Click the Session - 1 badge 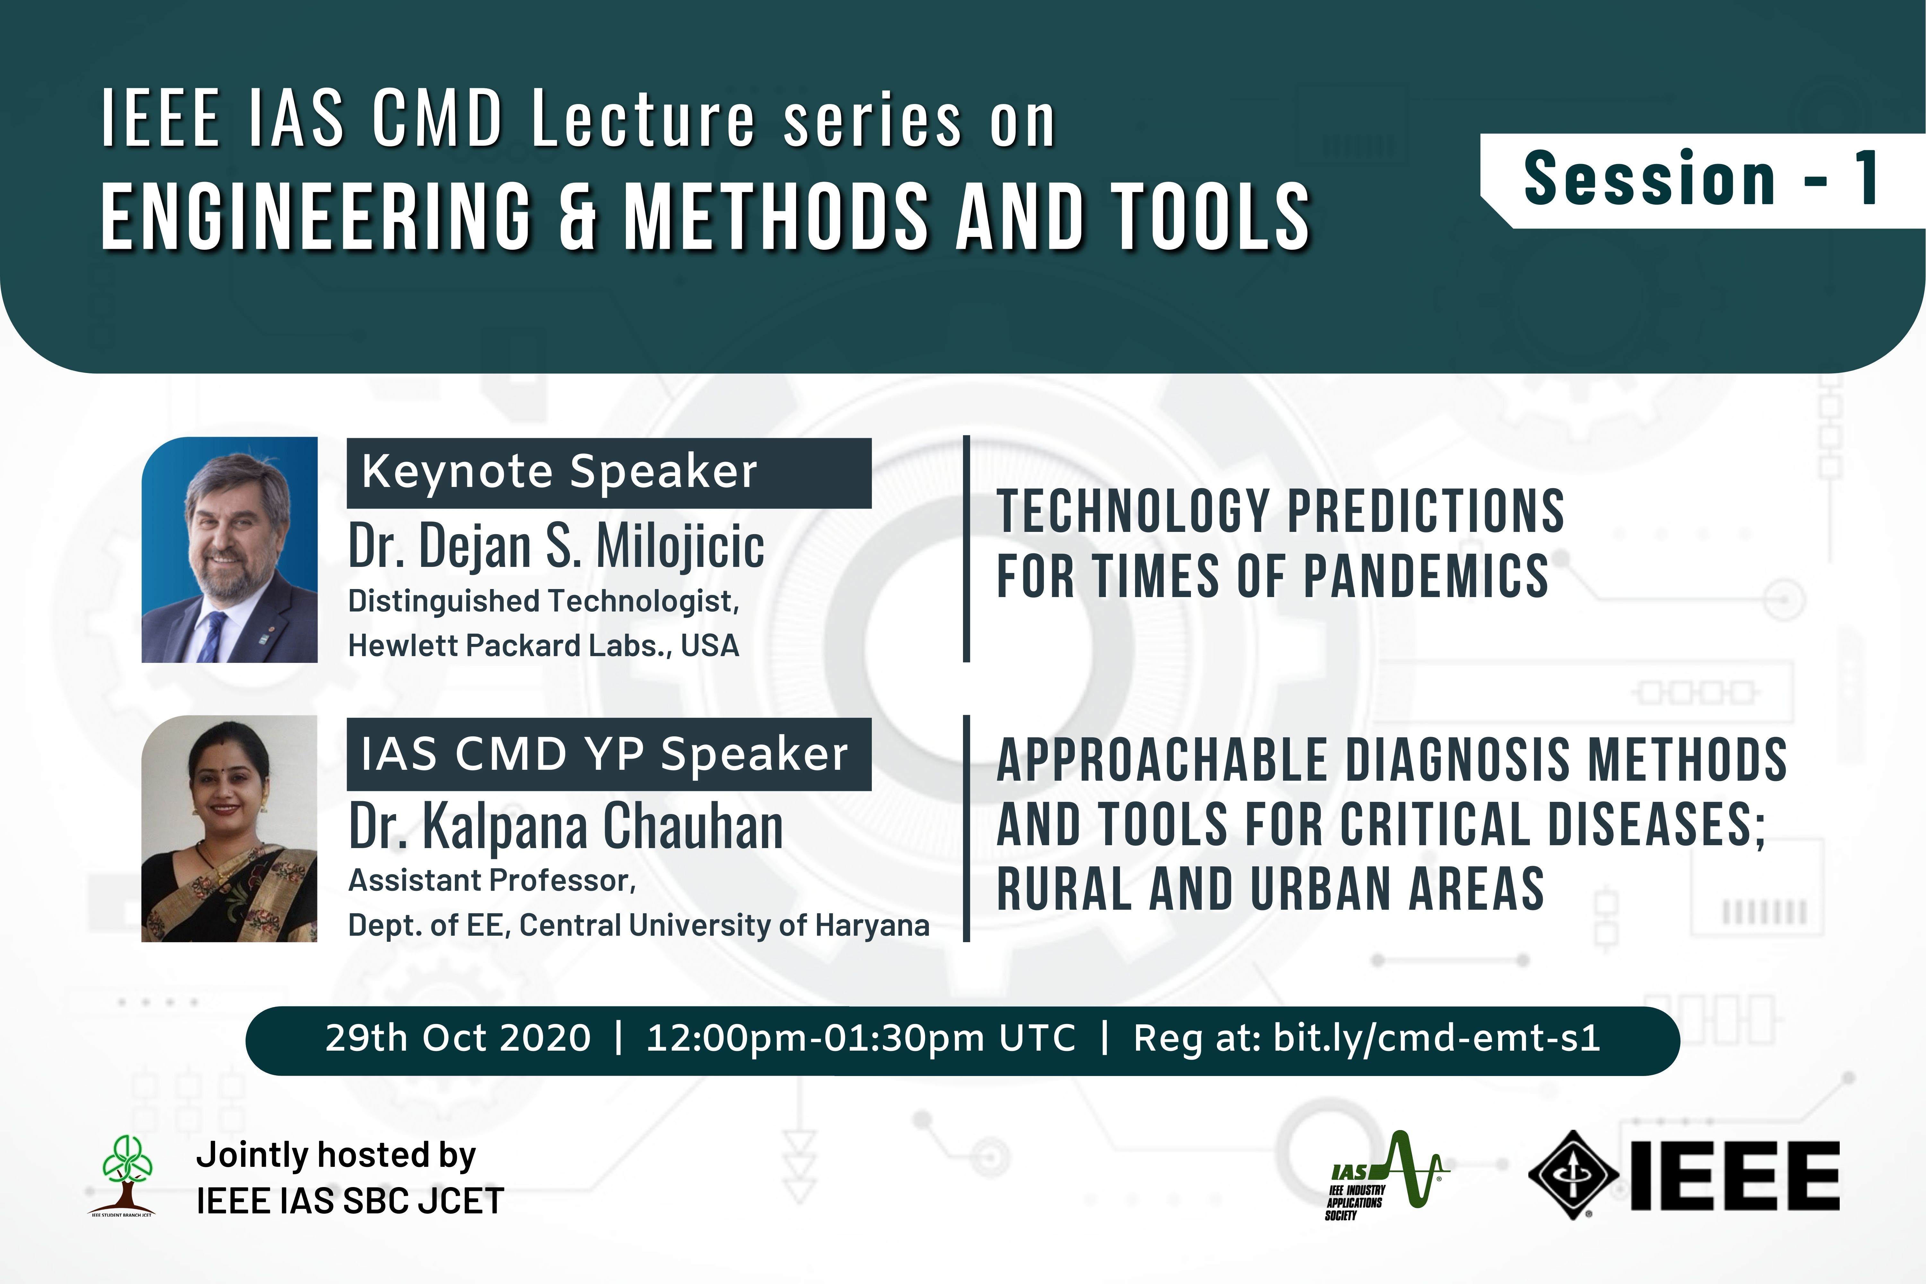[x=1703, y=180]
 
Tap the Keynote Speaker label [x=609, y=473]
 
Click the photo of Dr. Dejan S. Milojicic [x=229, y=550]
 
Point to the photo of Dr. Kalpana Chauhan [x=229, y=829]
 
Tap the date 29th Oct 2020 [x=458, y=1038]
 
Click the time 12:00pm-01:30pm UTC [x=861, y=1038]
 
